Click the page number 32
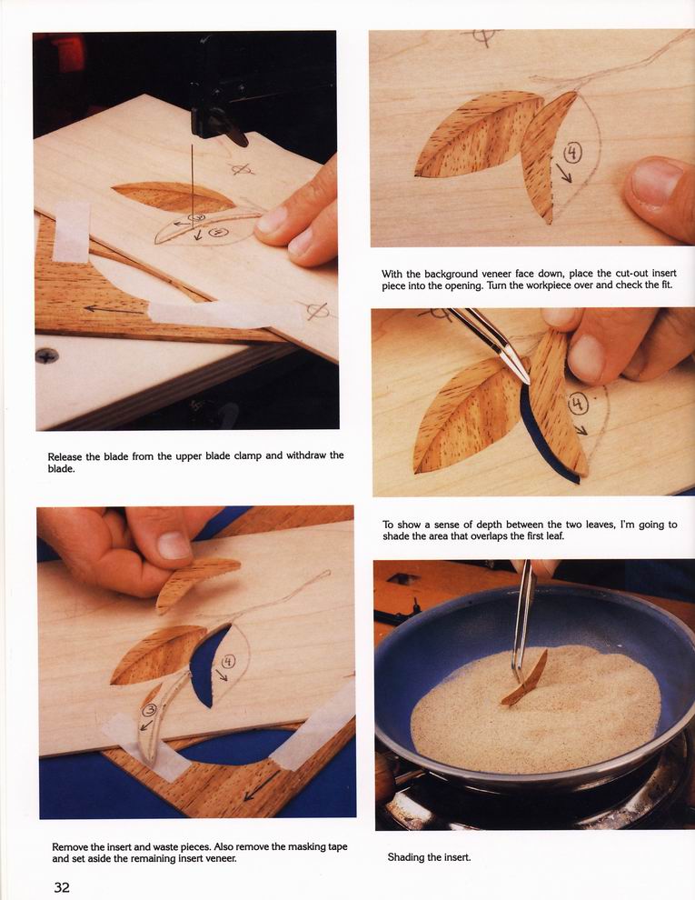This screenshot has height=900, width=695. coord(62,886)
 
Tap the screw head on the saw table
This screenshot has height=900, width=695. coord(47,355)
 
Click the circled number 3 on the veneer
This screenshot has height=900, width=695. coord(149,711)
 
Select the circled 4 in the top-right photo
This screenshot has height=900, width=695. coord(573,153)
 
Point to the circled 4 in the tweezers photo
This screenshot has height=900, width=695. coord(578,404)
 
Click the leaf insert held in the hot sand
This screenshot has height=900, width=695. coord(525,679)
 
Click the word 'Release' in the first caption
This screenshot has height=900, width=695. coord(65,457)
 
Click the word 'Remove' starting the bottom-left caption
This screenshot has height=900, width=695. coord(71,846)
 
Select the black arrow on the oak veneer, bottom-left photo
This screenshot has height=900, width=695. coord(262,785)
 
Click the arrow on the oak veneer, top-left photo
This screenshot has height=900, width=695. coord(114,309)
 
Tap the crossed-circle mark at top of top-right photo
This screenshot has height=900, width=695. coord(482,36)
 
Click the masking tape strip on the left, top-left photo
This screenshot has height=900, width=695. coord(71,232)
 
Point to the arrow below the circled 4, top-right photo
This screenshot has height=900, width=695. coord(564,173)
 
